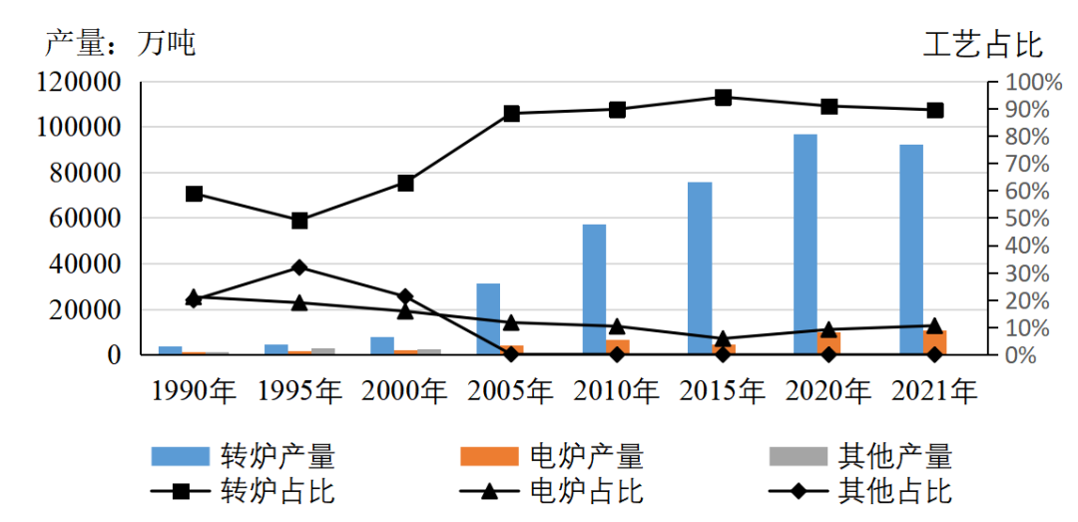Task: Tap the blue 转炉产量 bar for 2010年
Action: (x=594, y=288)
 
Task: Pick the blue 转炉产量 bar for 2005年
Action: (x=488, y=318)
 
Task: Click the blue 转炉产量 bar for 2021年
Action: (x=911, y=249)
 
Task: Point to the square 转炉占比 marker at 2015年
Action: (x=724, y=98)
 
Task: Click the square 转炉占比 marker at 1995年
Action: (x=299, y=221)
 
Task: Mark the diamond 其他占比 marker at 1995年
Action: (x=299, y=267)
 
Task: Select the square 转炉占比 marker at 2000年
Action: (x=405, y=183)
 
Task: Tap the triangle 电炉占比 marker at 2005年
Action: (x=511, y=322)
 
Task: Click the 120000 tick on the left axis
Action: (x=79, y=82)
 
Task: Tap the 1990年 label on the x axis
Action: (x=194, y=391)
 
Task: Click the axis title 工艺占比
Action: (x=982, y=44)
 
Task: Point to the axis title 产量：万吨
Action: (x=121, y=43)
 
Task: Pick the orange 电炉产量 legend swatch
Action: (x=489, y=456)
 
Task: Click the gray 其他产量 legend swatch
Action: (x=799, y=456)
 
